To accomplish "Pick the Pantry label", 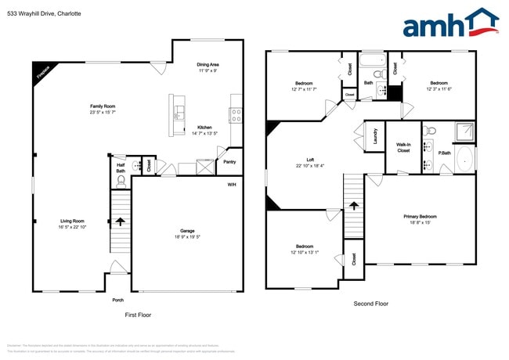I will (229, 162).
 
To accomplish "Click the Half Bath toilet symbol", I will (121, 181).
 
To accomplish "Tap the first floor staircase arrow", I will (121, 222).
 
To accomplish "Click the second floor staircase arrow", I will (354, 206).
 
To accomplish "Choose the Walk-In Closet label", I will (403, 147).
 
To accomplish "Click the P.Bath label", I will (443, 153).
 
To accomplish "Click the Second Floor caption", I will (371, 304).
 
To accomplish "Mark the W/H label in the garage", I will (232, 184).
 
